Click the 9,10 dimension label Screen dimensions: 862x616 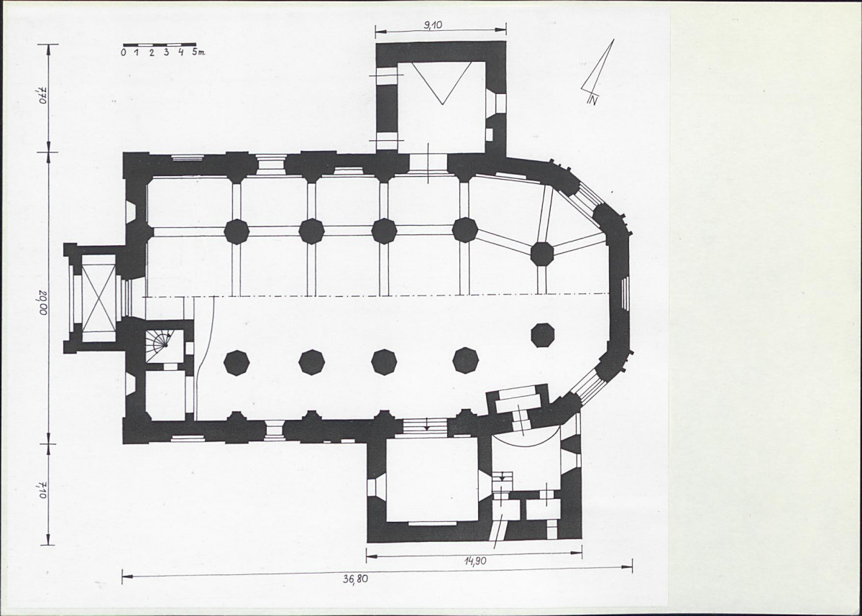click(433, 24)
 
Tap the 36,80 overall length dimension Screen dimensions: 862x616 click(356, 579)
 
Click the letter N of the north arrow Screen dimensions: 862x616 click(592, 101)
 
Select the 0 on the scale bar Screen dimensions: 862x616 click(124, 52)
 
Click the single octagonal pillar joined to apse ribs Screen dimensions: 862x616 click(542, 253)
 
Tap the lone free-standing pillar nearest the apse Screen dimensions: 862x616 click(543, 335)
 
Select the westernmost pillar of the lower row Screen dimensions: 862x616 click(237, 363)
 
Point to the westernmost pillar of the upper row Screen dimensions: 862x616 click(237, 231)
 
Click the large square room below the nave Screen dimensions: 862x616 click(431, 479)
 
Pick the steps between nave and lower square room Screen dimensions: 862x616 click(426, 426)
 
